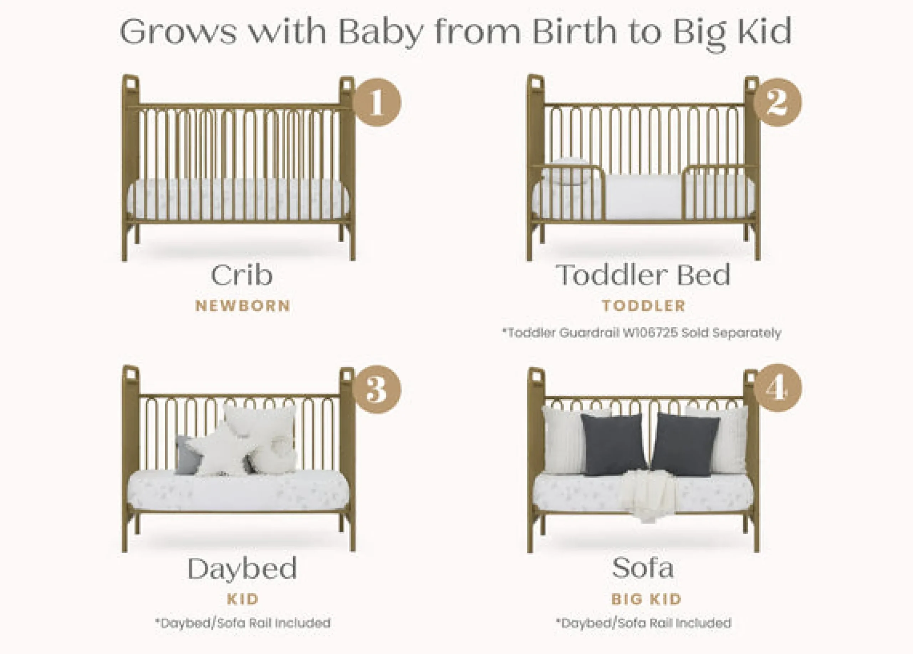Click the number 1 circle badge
[x=377, y=102]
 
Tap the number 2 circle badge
[x=777, y=102]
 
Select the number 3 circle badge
[x=377, y=389]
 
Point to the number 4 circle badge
[x=778, y=388]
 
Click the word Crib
[x=242, y=275]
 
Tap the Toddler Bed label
[x=643, y=275]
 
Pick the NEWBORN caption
[x=243, y=306]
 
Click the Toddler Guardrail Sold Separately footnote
[x=641, y=333]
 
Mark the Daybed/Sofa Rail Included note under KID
[x=243, y=623]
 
